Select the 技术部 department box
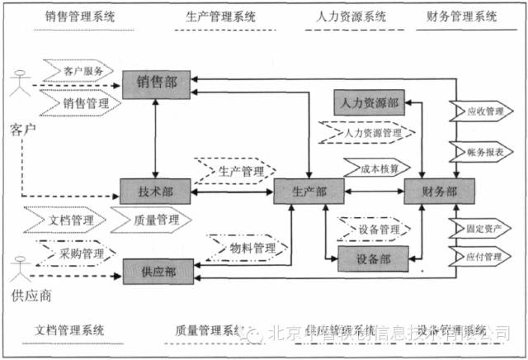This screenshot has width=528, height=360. (x=155, y=191)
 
